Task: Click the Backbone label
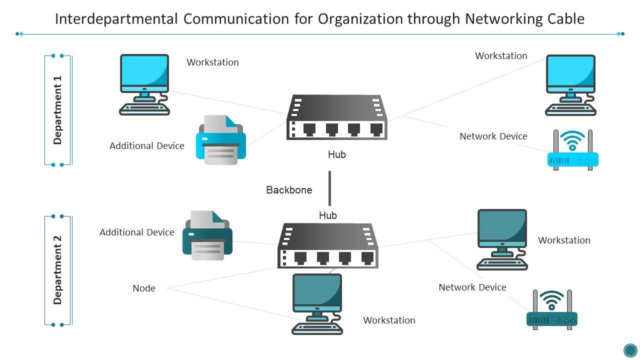pyautogui.click(x=289, y=190)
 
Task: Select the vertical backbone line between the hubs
pyautogui.click(x=329, y=188)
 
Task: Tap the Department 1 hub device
pyautogui.click(x=337, y=117)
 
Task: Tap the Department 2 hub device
pyautogui.click(x=328, y=245)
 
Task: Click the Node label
pyautogui.click(x=144, y=288)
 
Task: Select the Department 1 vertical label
pyautogui.click(x=58, y=110)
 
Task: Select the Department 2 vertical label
pyautogui.click(x=58, y=270)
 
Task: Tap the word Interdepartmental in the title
pyautogui.click(x=116, y=19)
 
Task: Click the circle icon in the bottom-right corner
pyautogui.click(x=630, y=349)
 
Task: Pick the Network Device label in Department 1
pyautogui.click(x=493, y=136)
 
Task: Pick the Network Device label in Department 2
pyautogui.click(x=472, y=287)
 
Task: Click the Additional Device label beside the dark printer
pyautogui.click(x=137, y=232)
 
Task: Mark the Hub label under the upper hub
pyautogui.click(x=337, y=155)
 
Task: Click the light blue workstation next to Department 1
pyautogui.click(x=144, y=84)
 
